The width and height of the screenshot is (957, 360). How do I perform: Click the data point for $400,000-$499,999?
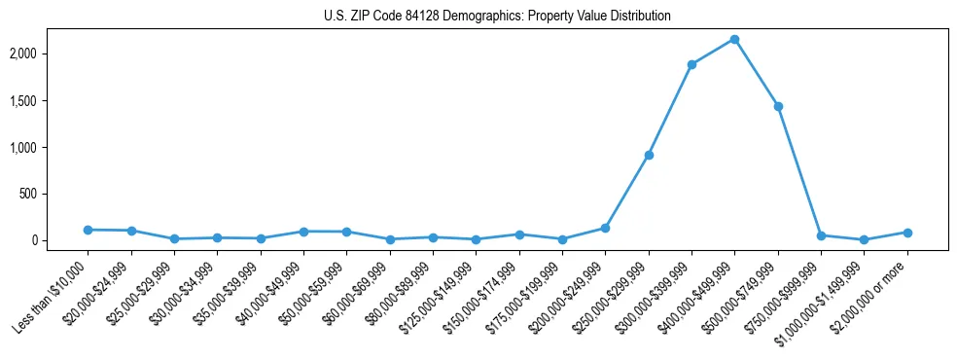pyautogui.click(x=734, y=39)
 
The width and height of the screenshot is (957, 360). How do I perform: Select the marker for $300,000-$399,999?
pyautogui.click(x=691, y=65)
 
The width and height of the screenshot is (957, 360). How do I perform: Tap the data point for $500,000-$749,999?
pyautogui.click(x=778, y=106)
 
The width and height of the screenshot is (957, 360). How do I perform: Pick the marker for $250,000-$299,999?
pyautogui.click(x=649, y=155)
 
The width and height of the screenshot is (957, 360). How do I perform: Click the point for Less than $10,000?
pyautogui.click(x=88, y=230)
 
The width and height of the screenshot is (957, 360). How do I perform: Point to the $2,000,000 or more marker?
pyautogui.click(x=907, y=233)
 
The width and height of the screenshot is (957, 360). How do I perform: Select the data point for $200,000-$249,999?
pyautogui.click(x=605, y=228)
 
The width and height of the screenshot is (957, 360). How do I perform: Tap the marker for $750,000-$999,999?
pyautogui.click(x=821, y=235)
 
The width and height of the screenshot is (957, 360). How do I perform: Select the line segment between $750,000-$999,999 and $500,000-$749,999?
pyautogui.click(x=799, y=170)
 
